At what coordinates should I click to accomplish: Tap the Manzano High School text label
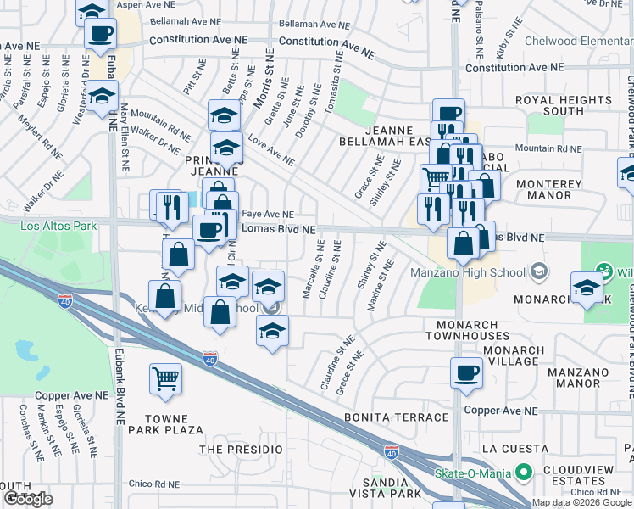coord(468,272)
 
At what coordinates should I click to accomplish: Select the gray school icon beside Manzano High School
coord(537,272)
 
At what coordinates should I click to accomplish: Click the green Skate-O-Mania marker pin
coord(524,471)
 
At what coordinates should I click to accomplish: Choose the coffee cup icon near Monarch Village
coord(466,372)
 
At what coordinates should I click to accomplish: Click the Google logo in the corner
coord(27,499)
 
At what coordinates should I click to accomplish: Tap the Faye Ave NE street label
coord(268,215)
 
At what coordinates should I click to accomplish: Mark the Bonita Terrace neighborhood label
coord(396,417)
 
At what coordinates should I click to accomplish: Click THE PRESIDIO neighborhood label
coord(240,449)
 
